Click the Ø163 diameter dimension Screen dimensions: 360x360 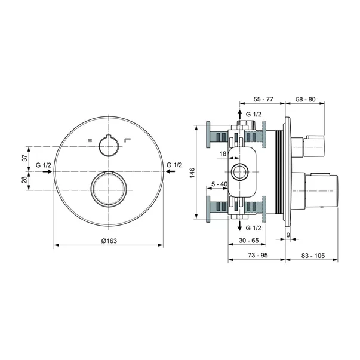(x=109, y=240)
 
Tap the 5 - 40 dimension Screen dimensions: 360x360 (x=219, y=184)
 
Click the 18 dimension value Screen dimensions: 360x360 (x=223, y=154)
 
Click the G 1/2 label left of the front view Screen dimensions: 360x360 (x=44, y=164)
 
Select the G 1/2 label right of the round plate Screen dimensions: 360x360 (x=174, y=164)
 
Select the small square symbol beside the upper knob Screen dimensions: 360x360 (x=90, y=141)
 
